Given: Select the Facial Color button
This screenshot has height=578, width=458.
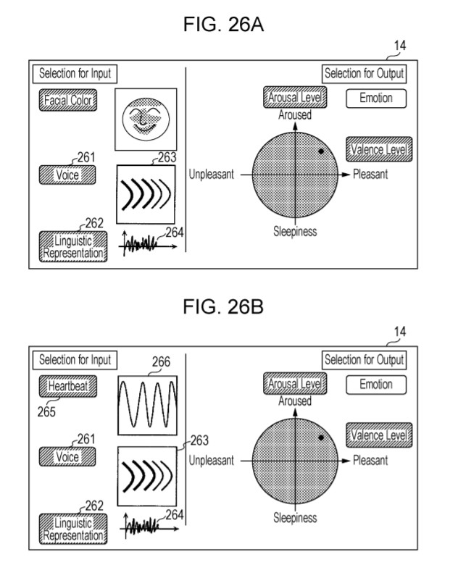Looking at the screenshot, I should pyautogui.click(x=68, y=101).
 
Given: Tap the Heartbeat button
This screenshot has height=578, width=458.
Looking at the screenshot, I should pyautogui.click(x=68, y=386).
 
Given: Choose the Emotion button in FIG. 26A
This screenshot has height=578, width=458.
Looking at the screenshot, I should pyautogui.click(x=375, y=97).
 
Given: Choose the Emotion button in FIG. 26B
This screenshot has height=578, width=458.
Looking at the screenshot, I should pyautogui.click(x=375, y=385).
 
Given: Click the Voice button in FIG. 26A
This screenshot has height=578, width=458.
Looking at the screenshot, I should pyautogui.click(x=67, y=175).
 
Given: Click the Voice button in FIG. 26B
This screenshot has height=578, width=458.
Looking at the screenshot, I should pyautogui.click(x=67, y=457).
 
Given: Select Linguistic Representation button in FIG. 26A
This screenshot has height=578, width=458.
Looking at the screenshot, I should pyautogui.click(x=72, y=246).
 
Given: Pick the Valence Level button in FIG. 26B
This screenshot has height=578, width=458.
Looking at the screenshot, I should pyautogui.click(x=379, y=435).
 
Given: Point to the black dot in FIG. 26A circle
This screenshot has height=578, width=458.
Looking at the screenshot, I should pyautogui.click(x=320, y=151).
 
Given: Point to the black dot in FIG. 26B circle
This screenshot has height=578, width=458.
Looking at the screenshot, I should pyautogui.click(x=320, y=438).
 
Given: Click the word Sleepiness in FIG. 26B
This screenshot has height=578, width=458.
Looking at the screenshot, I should pyautogui.click(x=295, y=517).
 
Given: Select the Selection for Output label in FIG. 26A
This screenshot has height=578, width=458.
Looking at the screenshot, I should pyautogui.click(x=364, y=73).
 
